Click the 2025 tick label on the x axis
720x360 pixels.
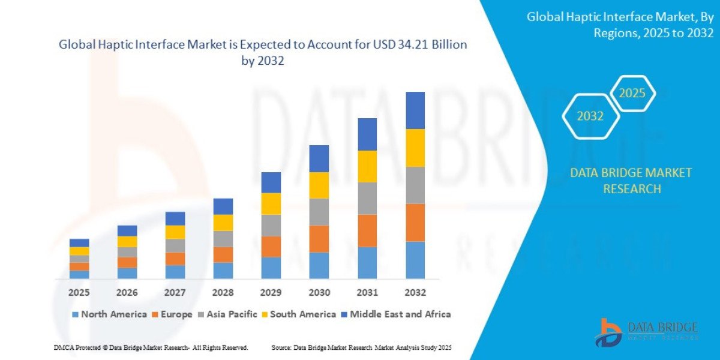[x=79, y=293]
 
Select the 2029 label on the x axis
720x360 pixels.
[x=271, y=293]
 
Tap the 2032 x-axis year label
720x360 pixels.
[x=415, y=293]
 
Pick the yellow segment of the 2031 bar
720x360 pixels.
[x=367, y=166]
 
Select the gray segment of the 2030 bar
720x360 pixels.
[x=319, y=212]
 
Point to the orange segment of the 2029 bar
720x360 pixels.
[x=271, y=247]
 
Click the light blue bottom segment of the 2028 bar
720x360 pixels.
[x=223, y=271]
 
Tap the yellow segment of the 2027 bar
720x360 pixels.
[x=175, y=232]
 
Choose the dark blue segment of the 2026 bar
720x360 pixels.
[x=127, y=230]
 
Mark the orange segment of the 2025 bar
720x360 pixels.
[x=79, y=266]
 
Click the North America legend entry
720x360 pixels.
[x=109, y=314]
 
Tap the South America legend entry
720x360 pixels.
[x=298, y=314]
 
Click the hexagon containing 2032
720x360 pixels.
[x=590, y=116]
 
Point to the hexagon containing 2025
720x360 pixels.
[x=632, y=94]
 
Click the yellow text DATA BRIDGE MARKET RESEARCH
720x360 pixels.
[x=631, y=181]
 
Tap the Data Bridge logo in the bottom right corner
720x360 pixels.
[x=646, y=331]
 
